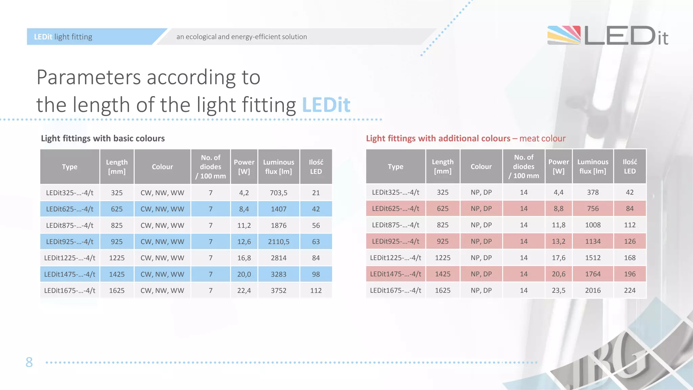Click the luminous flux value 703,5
click(x=278, y=193)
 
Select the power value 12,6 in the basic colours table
click(x=244, y=242)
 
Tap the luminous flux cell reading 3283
click(x=278, y=274)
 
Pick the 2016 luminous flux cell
click(x=593, y=290)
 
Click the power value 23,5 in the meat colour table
click(x=558, y=290)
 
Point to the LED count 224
click(x=630, y=290)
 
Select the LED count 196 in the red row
click(x=630, y=274)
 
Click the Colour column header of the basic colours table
click(x=162, y=167)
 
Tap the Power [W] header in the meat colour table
click(x=558, y=166)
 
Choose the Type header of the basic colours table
click(x=70, y=167)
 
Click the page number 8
click(x=29, y=362)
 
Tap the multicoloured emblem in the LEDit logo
click(x=564, y=35)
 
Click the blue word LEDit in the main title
click(x=326, y=105)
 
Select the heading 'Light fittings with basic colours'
click(x=103, y=138)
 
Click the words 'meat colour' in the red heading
click(x=542, y=138)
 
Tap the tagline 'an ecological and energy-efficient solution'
click(x=242, y=37)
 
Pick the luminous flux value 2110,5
click(x=278, y=242)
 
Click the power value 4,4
click(x=558, y=192)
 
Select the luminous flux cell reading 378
click(x=593, y=192)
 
